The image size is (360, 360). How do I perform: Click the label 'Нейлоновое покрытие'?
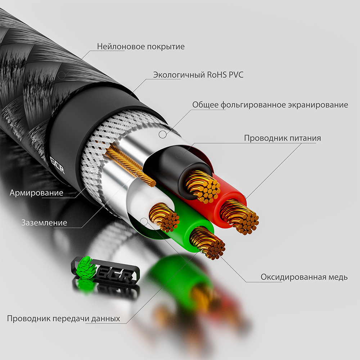(x=141, y=46)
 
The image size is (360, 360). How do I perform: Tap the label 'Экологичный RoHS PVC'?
(x=198, y=75)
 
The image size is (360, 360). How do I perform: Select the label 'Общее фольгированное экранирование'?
(x=270, y=105)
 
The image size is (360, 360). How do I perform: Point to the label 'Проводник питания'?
(x=282, y=138)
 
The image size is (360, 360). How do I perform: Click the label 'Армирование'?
(x=36, y=193)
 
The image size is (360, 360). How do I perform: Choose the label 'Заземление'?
(x=44, y=222)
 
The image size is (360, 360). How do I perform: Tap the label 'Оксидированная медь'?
(x=304, y=277)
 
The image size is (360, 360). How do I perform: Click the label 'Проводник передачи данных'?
(x=64, y=319)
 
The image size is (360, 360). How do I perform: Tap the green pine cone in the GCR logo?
(x=85, y=267)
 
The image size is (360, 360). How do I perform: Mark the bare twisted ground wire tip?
(x=151, y=183)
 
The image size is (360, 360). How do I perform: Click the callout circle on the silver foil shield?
(x=163, y=134)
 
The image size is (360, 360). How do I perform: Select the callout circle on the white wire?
(x=144, y=222)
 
